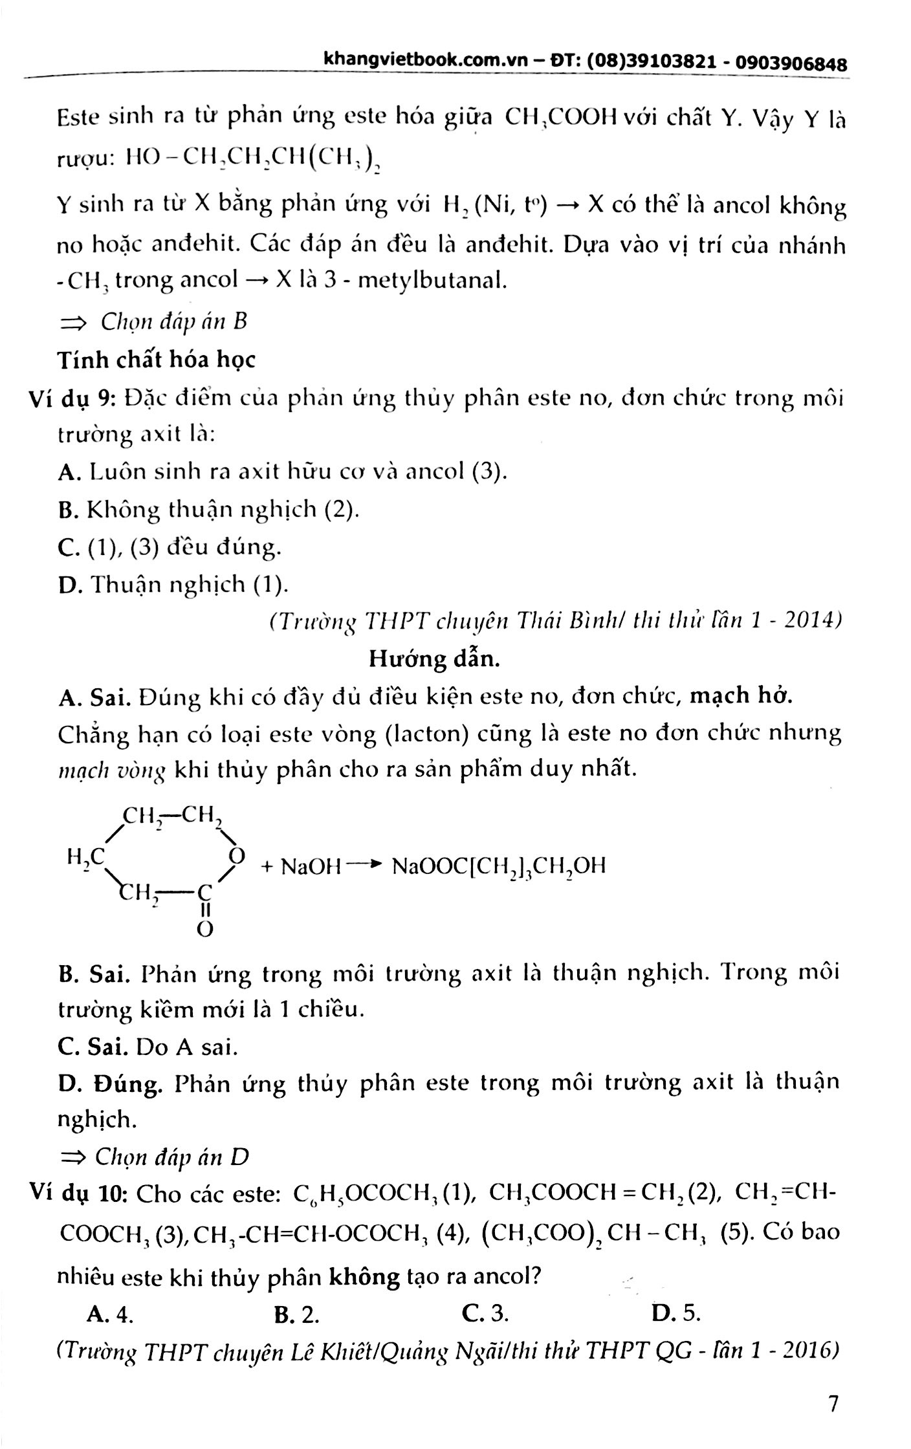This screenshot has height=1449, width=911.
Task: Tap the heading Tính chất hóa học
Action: tap(157, 360)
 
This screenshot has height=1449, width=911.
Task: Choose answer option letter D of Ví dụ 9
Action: tap(68, 585)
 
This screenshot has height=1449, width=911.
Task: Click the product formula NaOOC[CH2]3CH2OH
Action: tap(498, 866)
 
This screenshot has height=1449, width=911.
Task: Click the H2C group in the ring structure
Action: tap(85, 858)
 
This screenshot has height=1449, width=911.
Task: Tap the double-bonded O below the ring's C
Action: tap(204, 930)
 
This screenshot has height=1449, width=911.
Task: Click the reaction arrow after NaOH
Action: tap(364, 864)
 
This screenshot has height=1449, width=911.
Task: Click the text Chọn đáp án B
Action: tap(173, 322)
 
